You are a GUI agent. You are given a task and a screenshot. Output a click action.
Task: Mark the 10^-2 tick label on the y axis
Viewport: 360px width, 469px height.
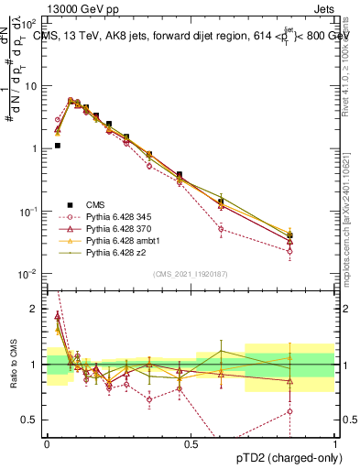point(29,274)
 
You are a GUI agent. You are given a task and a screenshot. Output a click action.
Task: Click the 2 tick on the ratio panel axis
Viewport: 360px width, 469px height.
point(38,308)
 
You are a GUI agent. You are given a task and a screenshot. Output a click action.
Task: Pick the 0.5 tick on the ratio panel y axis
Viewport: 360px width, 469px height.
point(33,420)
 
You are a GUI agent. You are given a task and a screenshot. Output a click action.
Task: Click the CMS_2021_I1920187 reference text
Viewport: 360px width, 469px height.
point(190,275)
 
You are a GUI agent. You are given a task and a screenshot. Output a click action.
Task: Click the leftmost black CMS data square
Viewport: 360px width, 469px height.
point(57,145)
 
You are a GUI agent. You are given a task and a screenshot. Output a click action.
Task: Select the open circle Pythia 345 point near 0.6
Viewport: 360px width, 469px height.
point(221,229)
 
